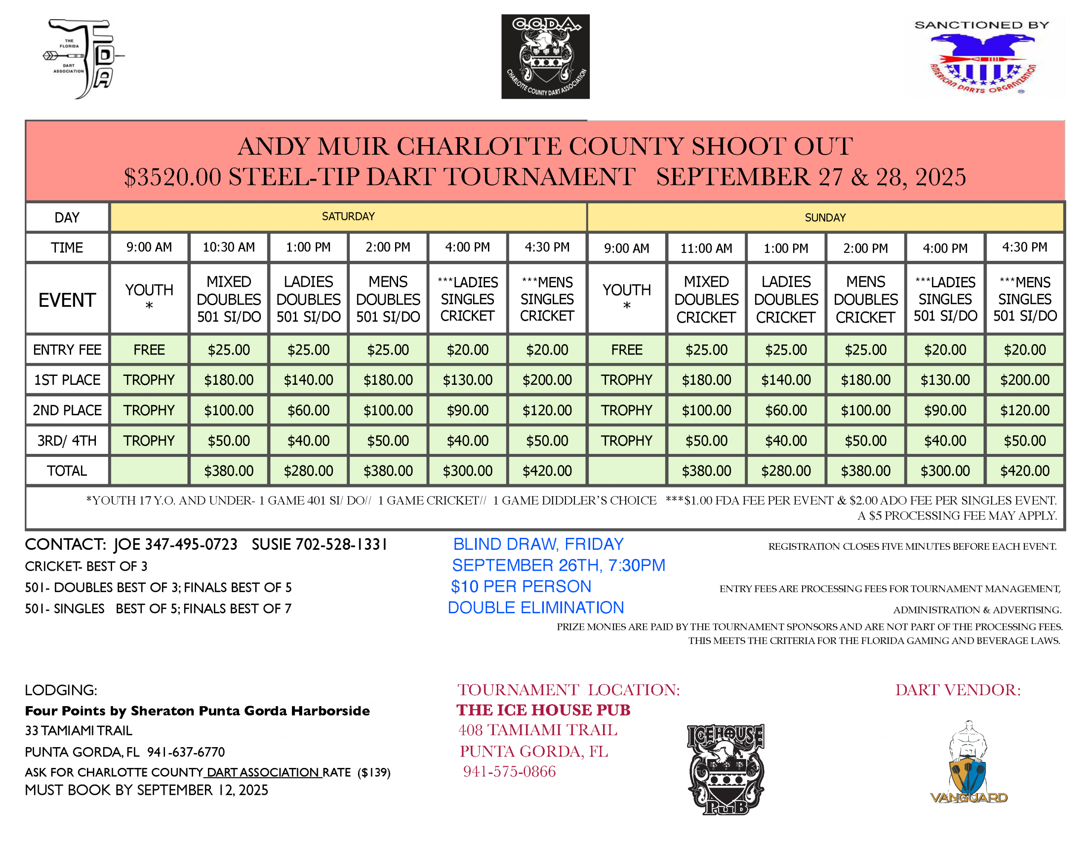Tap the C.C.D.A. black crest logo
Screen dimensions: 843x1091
[545, 56]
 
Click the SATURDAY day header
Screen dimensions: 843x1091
[348, 217]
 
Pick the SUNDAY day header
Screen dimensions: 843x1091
[825, 218]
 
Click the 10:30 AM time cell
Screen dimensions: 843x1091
[229, 247]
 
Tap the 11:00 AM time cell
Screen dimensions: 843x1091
[706, 248]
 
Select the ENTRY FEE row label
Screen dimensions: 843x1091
[67, 350]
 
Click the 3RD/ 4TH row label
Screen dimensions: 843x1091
[67, 441]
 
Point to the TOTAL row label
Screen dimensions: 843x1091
[67, 471]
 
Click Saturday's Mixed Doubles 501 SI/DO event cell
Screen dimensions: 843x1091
[229, 299]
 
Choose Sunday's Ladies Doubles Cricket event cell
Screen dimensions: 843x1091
[786, 299]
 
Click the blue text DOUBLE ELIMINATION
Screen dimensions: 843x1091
[536, 608]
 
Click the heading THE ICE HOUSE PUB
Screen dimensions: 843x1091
[543, 710]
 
